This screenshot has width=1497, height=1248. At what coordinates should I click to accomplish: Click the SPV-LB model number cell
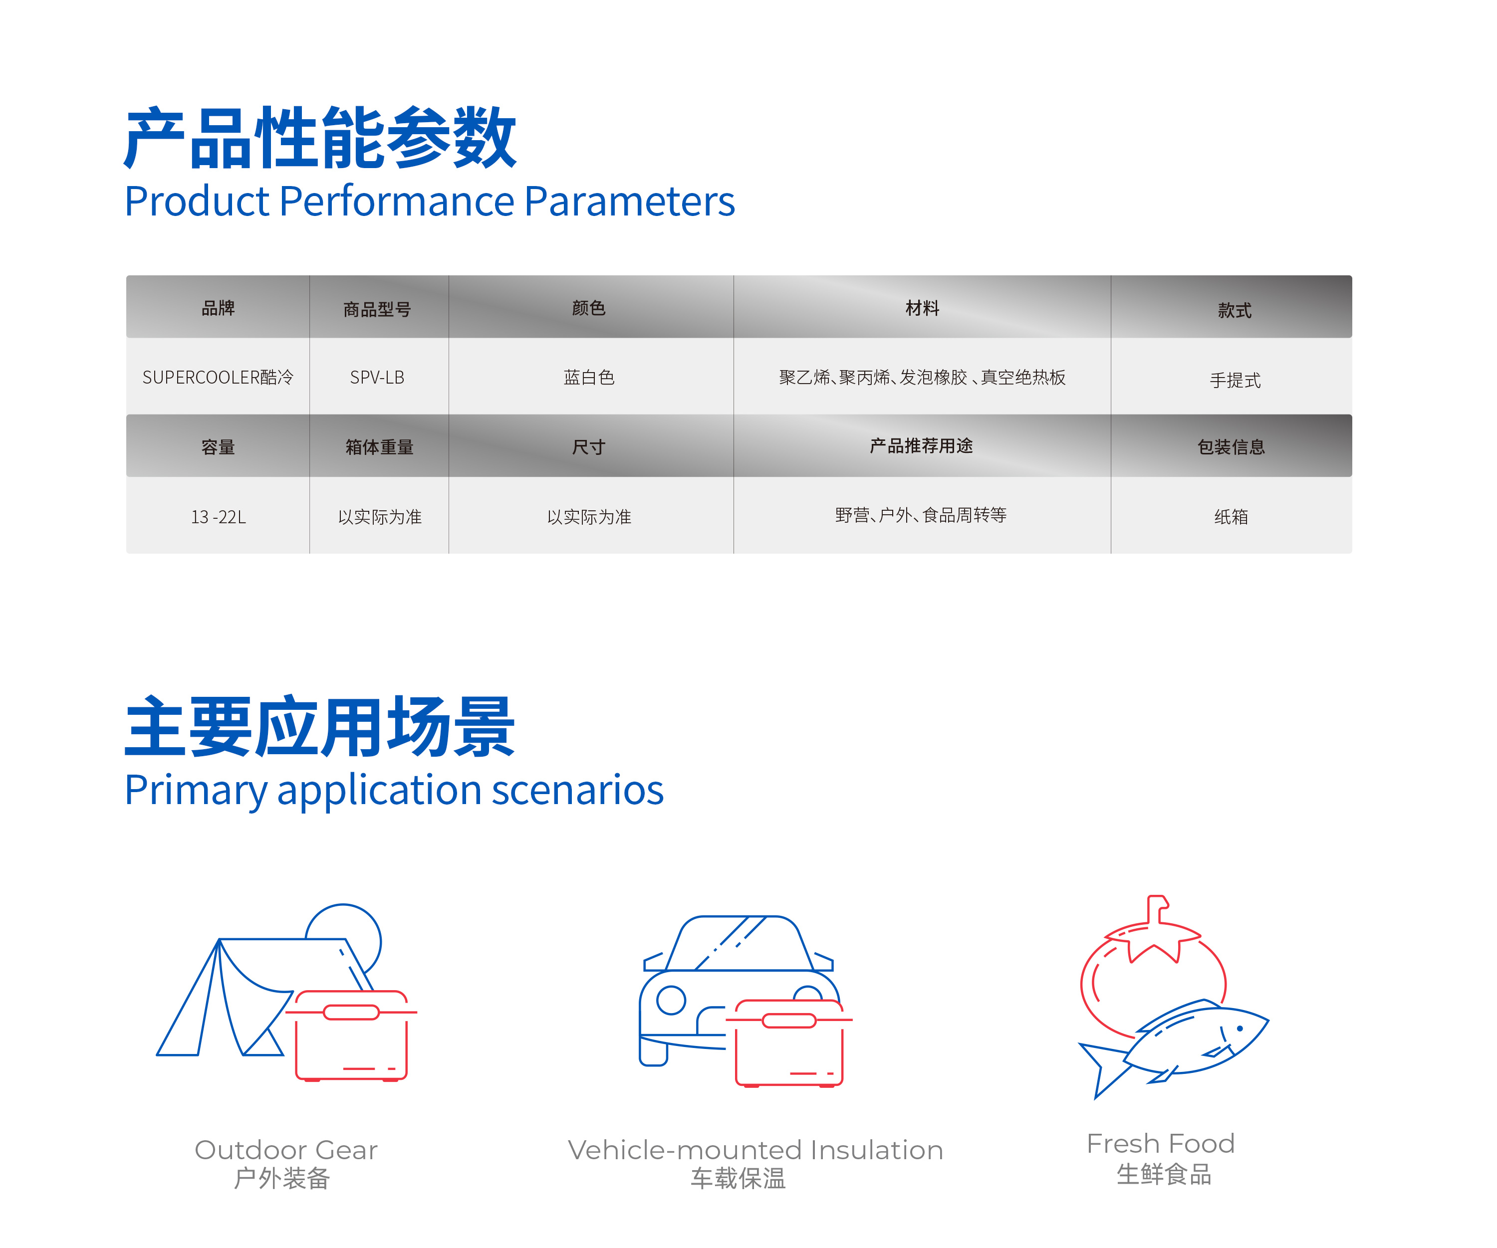(377, 377)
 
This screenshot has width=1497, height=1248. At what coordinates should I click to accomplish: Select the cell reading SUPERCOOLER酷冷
(218, 377)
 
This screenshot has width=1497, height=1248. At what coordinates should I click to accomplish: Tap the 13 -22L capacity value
(218, 517)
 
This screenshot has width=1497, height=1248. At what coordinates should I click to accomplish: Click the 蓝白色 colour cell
(589, 377)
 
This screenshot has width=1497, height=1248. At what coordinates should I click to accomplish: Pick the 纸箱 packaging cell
(1231, 517)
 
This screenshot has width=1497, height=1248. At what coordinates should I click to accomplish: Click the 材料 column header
(923, 308)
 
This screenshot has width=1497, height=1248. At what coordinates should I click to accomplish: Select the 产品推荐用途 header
(921, 445)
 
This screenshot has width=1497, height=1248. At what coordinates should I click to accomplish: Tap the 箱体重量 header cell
(379, 447)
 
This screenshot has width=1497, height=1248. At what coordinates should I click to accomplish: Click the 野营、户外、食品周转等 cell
(921, 515)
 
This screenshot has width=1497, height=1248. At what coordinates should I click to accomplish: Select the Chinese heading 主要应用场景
(319, 727)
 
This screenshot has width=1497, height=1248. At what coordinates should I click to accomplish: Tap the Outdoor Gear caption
(286, 1150)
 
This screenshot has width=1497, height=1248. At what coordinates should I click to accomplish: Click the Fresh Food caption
(1161, 1143)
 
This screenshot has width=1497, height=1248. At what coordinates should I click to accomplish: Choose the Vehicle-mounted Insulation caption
(755, 1150)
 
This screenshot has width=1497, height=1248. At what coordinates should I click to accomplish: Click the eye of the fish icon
(1241, 1029)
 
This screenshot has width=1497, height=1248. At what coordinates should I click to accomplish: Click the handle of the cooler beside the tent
(351, 1012)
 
